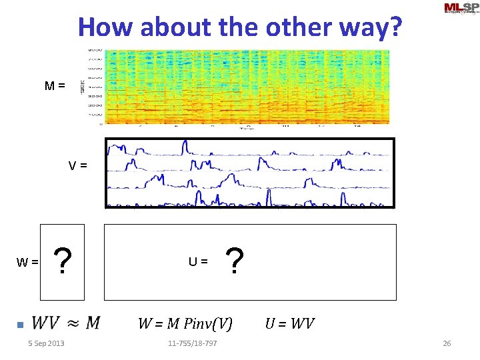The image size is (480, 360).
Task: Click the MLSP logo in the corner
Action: [x=460, y=9]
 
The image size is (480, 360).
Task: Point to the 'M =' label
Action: [x=55, y=85]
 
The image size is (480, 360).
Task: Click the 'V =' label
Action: [x=77, y=165]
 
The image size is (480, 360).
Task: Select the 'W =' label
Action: [x=27, y=263]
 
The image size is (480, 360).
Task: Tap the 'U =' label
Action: [x=198, y=262]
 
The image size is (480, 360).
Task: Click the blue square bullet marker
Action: [x=20, y=325]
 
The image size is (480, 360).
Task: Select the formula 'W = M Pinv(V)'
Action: [x=185, y=324]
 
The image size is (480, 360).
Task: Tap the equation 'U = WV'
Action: [x=289, y=324]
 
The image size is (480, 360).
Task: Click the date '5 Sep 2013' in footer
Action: [x=46, y=343]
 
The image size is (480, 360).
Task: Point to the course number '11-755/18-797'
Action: [x=192, y=343]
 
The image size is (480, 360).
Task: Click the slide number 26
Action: [x=447, y=343]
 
